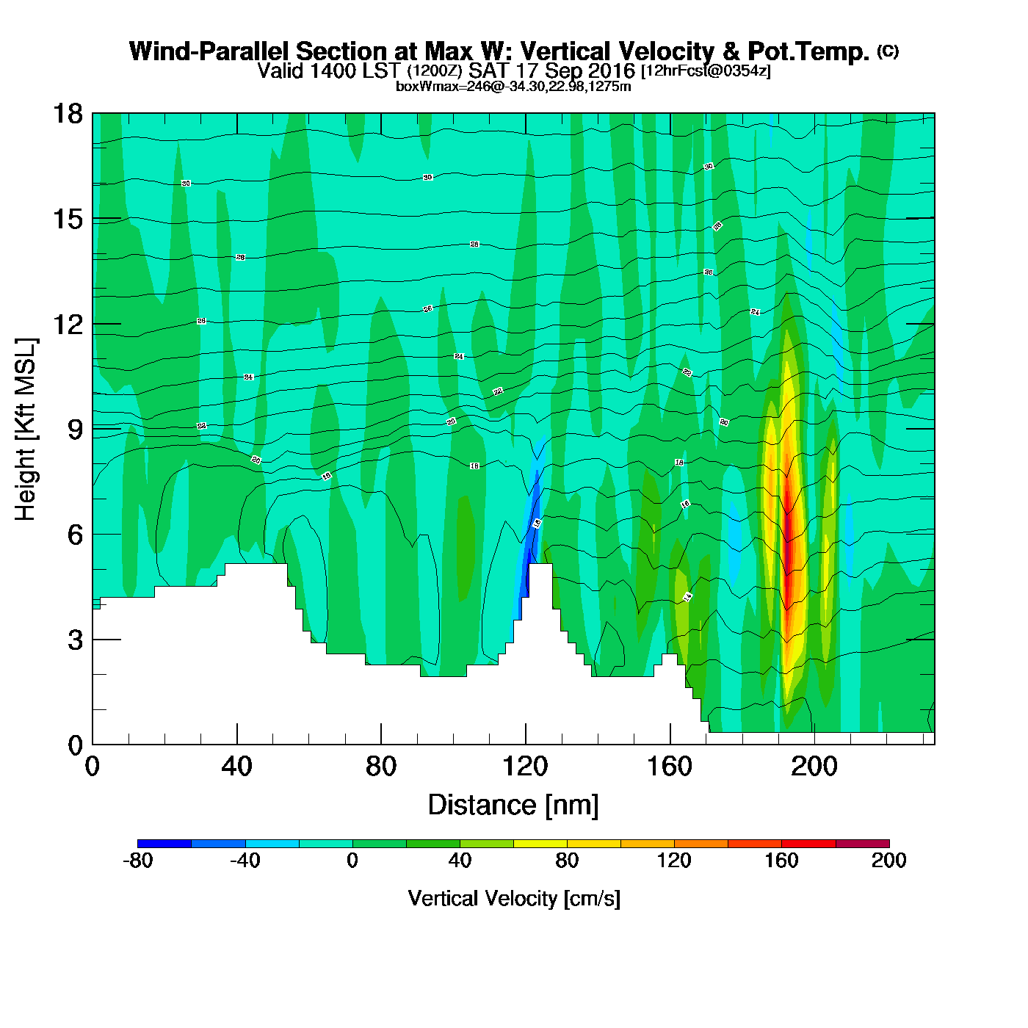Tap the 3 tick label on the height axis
tap(75, 640)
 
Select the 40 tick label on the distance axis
tap(236, 767)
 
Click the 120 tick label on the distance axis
tap(525, 767)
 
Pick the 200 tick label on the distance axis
tap(814, 767)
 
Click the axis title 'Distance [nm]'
tap(513, 805)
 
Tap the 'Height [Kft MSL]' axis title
tap(26, 430)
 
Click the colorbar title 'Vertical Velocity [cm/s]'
tap(514, 898)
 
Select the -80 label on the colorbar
tap(137, 861)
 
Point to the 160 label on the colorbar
tap(781, 861)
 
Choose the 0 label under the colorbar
tap(352, 861)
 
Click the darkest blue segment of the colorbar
tap(164, 844)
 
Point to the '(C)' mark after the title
tap(888, 51)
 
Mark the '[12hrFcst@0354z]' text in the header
tap(706, 71)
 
